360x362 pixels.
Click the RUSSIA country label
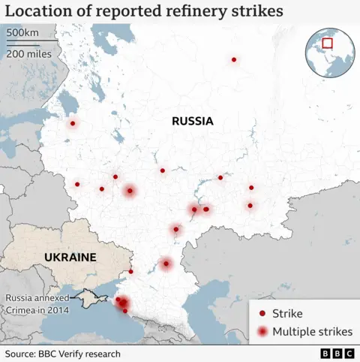pyautogui.click(x=192, y=121)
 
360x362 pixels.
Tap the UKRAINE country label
pyautogui.click(x=70, y=257)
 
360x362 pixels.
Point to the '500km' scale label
pyautogui.click(x=22, y=34)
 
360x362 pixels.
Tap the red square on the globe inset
pyautogui.click(x=328, y=44)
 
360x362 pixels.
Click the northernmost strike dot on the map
pyautogui.click(x=234, y=59)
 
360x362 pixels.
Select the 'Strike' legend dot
pyautogui.click(x=262, y=313)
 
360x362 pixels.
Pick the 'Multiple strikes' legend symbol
pyautogui.click(x=262, y=332)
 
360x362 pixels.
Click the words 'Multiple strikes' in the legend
pyautogui.click(x=312, y=332)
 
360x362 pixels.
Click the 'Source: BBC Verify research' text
pyautogui.click(x=64, y=352)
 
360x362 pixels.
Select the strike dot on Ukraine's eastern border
pyautogui.click(x=131, y=272)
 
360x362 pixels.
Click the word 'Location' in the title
pyautogui.click(x=37, y=11)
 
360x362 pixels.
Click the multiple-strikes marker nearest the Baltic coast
pyautogui.click(x=73, y=124)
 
